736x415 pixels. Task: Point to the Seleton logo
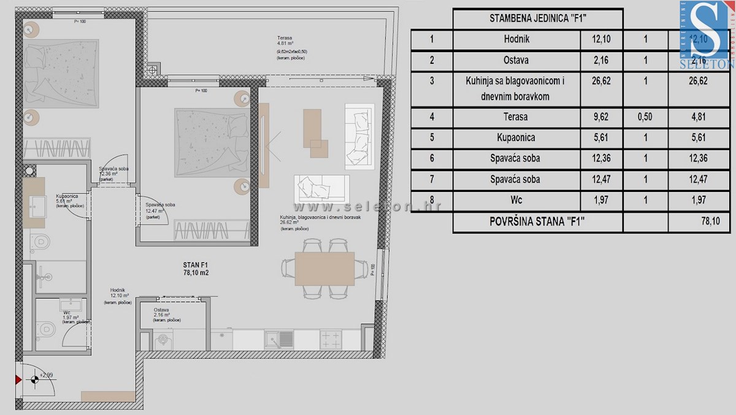coord(707,34)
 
